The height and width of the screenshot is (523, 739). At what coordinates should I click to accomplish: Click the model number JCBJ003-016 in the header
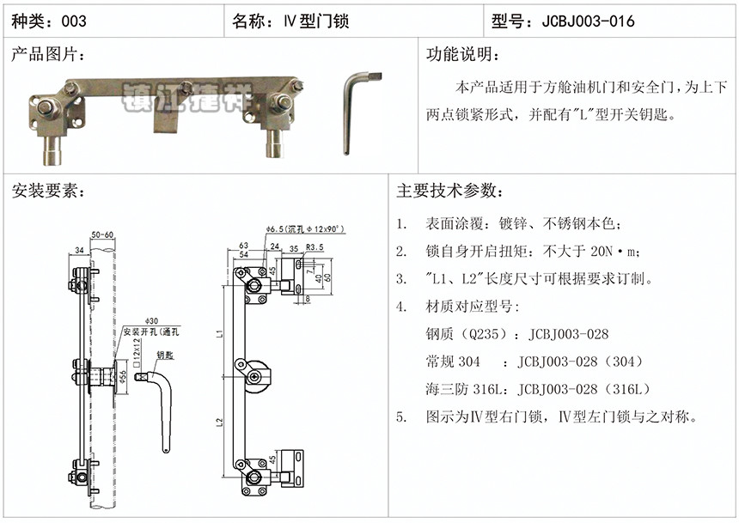tap(589, 20)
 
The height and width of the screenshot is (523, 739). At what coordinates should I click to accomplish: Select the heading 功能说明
tap(462, 55)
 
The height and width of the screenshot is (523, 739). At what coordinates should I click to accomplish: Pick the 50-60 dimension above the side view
tap(101, 234)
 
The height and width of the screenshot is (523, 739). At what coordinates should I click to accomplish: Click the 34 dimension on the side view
tap(80, 250)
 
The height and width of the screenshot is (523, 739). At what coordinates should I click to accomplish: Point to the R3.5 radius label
tap(315, 247)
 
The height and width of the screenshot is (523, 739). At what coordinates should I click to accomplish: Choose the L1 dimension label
tap(222, 331)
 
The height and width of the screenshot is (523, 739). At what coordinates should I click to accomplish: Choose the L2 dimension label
tap(222, 423)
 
